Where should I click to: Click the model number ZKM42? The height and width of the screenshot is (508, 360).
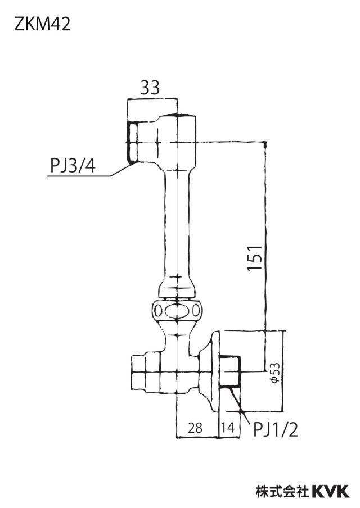(x=42, y=24)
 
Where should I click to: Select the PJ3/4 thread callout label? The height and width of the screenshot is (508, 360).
(x=73, y=166)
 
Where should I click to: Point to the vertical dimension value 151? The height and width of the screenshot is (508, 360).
(x=254, y=258)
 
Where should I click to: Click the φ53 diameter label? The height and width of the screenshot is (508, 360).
(x=275, y=373)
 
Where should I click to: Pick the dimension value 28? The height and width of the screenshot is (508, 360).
(x=195, y=428)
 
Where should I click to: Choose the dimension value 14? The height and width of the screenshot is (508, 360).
(x=228, y=428)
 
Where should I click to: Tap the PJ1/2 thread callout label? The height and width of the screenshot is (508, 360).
(x=275, y=430)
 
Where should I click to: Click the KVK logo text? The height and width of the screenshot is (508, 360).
(x=330, y=491)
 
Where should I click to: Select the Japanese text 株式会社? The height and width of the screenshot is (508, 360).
(x=282, y=491)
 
